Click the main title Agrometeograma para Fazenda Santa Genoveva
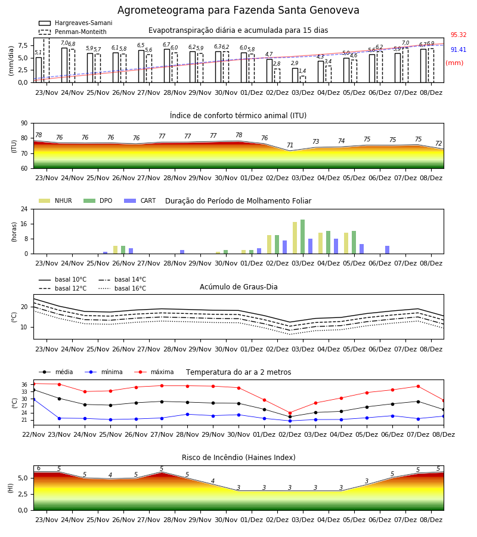[x=238, y=10]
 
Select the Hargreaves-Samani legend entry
[x=75, y=23]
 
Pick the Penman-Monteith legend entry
[x=73, y=32]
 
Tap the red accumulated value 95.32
[x=459, y=35]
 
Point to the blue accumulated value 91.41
[x=459, y=50]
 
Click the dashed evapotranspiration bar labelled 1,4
[x=303, y=79]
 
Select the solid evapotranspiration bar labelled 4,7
[x=270, y=71]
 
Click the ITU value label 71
[x=290, y=145]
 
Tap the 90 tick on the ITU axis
[x=24, y=124]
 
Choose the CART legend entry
[x=140, y=200]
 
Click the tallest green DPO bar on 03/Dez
[x=302, y=237]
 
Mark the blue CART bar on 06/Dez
[x=387, y=250]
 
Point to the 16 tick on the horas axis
[x=24, y=224]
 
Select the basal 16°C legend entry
[x=122, y=288]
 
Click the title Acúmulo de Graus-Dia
[x=238, y=287]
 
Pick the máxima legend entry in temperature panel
[x=154, y=372]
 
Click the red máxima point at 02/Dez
[x=290, y=413]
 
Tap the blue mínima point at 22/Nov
[x=33, y=399]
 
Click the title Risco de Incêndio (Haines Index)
[x=238, y=458]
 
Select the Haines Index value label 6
[x=39, y=468]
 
